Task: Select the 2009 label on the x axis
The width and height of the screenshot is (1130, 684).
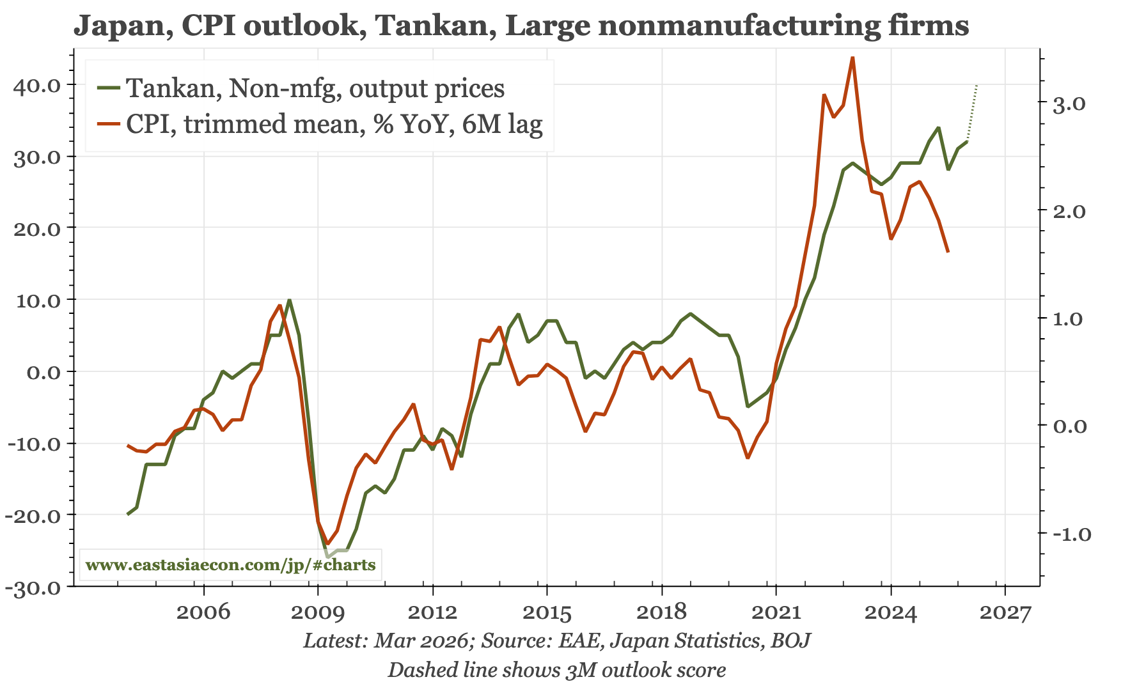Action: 318,612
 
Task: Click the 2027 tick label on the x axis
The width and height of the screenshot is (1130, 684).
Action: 1005,612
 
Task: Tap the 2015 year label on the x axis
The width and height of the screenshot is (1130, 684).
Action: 547,612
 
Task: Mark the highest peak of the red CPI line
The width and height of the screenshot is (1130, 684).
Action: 852,58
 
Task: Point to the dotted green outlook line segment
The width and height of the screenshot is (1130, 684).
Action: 972,112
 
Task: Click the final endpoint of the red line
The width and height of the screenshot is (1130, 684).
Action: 948,252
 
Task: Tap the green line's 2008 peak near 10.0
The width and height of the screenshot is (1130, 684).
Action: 290,300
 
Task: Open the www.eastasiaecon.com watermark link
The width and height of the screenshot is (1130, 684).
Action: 230,565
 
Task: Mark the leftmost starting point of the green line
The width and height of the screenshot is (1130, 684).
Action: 128,514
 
